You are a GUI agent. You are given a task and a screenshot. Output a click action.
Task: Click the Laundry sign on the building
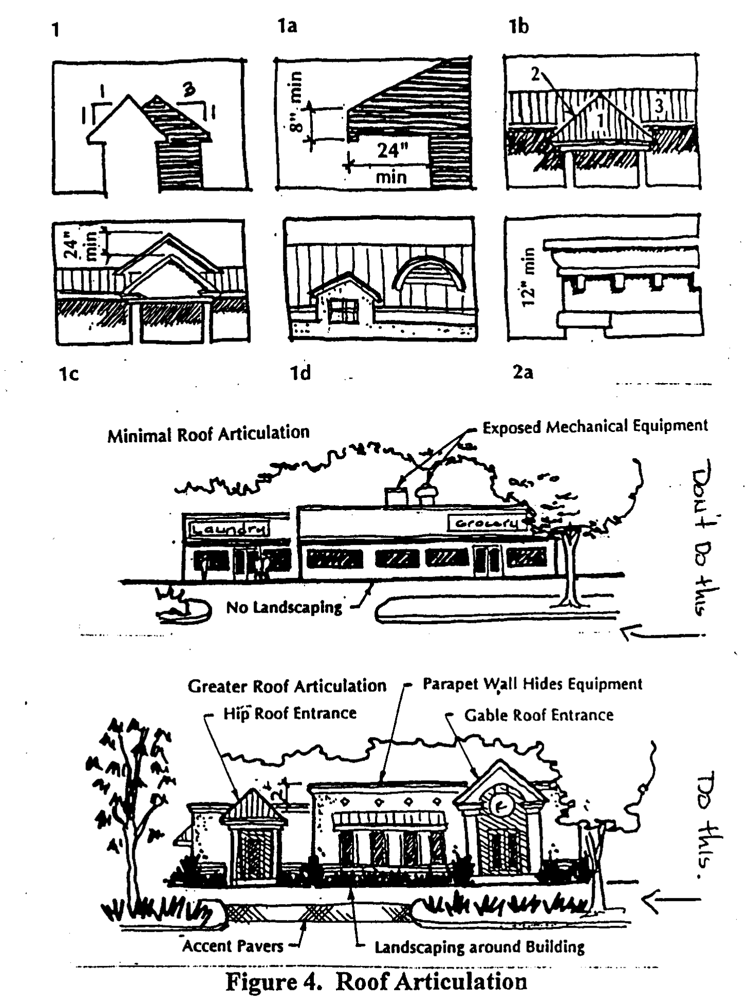(x=229, y=529)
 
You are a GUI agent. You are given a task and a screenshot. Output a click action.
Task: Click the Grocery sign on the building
(x=487, y=523)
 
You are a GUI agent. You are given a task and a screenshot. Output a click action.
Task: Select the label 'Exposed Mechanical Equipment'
(x=595, y=426)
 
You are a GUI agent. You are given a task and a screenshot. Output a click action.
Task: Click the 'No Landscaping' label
(x=284, y=607)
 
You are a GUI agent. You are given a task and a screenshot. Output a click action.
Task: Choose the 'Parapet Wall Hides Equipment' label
(x=532, y=684)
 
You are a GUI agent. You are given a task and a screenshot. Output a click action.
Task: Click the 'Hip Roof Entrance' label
(x=290, y=713)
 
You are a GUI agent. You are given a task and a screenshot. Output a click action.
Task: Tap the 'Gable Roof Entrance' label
(x=539, y=715)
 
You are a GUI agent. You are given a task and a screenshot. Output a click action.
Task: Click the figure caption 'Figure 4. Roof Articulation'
(x=377, y=981)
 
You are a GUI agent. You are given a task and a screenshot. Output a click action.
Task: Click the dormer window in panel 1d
(x=343, y=311)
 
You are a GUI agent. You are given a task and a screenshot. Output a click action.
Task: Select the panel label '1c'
(x=68, y=374)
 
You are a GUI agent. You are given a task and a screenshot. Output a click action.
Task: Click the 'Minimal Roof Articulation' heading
(x=208, y=434)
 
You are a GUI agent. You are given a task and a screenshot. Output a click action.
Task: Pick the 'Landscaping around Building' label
(x=479, y=947)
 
